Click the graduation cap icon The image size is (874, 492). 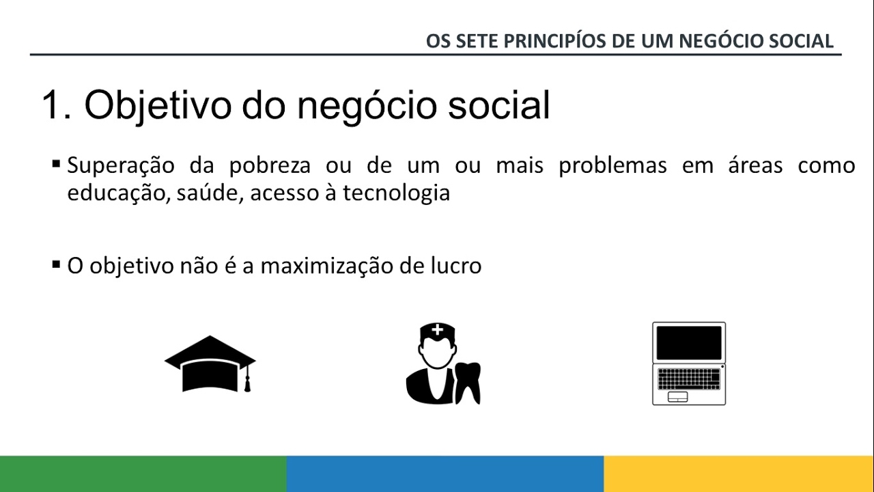[x=210, y=362]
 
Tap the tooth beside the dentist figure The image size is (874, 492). [x=469, y=382]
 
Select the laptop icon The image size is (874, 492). [x=688, y=364]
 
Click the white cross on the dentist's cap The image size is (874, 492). [x=437, y=331]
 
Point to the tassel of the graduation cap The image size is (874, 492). [x=248, y=383]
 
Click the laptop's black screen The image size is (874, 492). [x=688, y=343]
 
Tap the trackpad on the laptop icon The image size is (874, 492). [x=678, y=397]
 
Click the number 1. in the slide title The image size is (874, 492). [x=57, y=106]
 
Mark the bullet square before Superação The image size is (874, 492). [x=56, y=164]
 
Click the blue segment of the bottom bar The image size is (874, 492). [x=445, y=474]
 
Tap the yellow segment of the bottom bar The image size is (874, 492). [x=739, y=474]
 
